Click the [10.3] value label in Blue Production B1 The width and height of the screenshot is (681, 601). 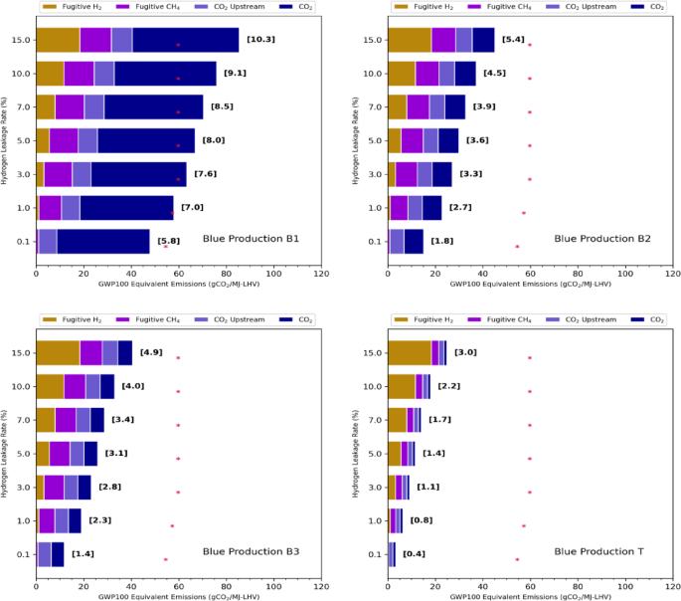click(260, 39)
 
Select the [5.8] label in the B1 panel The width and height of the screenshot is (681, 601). click(169, 241)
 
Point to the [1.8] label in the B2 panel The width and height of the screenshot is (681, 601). click(441, 241)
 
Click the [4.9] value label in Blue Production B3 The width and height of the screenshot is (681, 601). click(151, 352)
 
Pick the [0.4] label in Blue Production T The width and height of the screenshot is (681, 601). click(414, 554)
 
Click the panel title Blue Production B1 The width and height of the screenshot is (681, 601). click(251, 239)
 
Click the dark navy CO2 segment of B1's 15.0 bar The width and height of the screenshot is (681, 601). click(185, 40)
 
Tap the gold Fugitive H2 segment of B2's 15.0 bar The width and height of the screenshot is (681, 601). click(409, 40)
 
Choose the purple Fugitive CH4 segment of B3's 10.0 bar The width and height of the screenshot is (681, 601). click(75, 386)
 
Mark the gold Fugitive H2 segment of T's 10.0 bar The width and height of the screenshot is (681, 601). click(401, 386)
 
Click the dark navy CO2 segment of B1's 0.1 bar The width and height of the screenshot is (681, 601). click(102, 242)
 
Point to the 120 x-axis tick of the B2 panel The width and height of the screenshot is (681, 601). click(672, 272)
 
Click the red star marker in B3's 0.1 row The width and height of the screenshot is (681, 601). click(166, 559)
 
